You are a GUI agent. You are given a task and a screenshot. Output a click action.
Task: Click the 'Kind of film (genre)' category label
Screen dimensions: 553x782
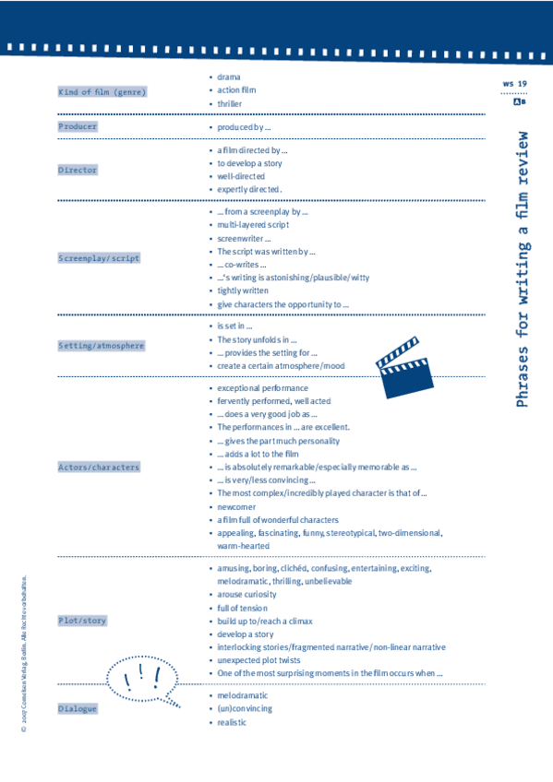102,92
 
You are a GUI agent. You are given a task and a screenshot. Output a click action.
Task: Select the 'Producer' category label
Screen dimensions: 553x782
78,126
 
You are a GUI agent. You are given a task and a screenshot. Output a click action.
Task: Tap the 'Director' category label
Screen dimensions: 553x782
78,170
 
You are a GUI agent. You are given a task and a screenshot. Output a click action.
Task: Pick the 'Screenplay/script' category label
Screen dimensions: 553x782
99,258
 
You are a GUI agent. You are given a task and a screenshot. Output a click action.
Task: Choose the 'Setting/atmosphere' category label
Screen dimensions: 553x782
102,346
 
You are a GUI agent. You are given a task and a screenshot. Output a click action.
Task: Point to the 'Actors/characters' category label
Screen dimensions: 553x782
99,468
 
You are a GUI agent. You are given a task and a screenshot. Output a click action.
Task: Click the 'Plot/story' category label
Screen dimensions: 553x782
82,621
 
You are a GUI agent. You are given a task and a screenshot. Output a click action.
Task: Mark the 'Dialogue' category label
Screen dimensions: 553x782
78,709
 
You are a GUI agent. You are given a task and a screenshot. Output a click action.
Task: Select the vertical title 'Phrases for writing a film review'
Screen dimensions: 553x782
523,267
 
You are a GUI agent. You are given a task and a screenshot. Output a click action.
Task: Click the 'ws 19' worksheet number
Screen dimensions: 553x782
514,84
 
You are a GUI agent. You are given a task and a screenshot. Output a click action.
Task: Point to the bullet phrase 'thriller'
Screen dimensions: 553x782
229,104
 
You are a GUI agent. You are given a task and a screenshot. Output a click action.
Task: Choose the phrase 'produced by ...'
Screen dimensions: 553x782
244,127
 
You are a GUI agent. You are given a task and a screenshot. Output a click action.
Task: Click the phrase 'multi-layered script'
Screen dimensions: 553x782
253,225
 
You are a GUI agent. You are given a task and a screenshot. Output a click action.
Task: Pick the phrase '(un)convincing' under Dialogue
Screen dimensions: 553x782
245,709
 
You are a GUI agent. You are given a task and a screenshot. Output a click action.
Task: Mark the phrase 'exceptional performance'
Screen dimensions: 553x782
262,388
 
